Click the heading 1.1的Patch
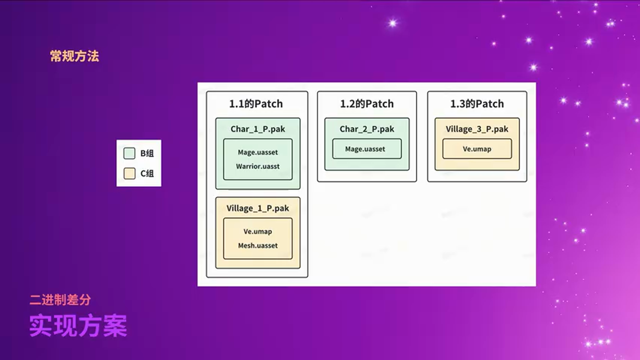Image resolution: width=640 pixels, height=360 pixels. pyautogui.click(x=256, y=104)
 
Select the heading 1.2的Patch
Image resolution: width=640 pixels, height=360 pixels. pyautogui.click(x=367, y=104)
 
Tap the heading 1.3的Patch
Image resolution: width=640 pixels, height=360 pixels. pyautogui.click(x=477, y=104)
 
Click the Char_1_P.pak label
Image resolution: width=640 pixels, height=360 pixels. pyautogui.click(x=258, y=129)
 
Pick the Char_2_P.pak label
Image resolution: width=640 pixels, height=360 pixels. pyautogui.click(x=367, y=129)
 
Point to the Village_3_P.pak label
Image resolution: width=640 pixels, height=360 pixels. pyautogui.click(x=477, y=129)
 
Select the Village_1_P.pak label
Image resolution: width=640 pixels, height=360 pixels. pyautogui.click(x=257, y=208)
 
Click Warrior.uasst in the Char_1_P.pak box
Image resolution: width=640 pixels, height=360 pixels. pyautogui.click(x=258, y=166)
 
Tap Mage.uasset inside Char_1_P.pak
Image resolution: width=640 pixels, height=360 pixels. pyautogui.click(x=258, y=152)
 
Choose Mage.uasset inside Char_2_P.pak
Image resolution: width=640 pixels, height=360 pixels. pyautogui.click(x=365, y=149)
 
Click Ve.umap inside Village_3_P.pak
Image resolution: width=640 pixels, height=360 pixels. pyautogui.click(x=477, y=149)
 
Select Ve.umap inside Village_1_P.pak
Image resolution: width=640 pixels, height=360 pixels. pyautogui.click(x=258, y=231)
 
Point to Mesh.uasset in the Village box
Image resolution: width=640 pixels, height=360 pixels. pyautogui.click(x=258, y=245)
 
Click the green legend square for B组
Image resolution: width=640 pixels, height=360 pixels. pyautogui.click(x=129, y=153)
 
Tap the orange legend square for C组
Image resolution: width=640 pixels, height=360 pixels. pyautogui.click(x=129, y=173)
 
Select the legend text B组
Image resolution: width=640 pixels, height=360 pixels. pyautogui.click(x=147, y=153)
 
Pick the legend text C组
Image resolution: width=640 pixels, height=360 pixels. pyautogui.click(x=147, y=173)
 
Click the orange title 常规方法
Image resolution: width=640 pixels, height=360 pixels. pyautogui.click(x=74, y=56)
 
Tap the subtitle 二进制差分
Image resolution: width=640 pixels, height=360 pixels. pyautogui.click(x=60, y=300)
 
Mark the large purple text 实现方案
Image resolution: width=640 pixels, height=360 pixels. pyautogui.click(x=78, y=325)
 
